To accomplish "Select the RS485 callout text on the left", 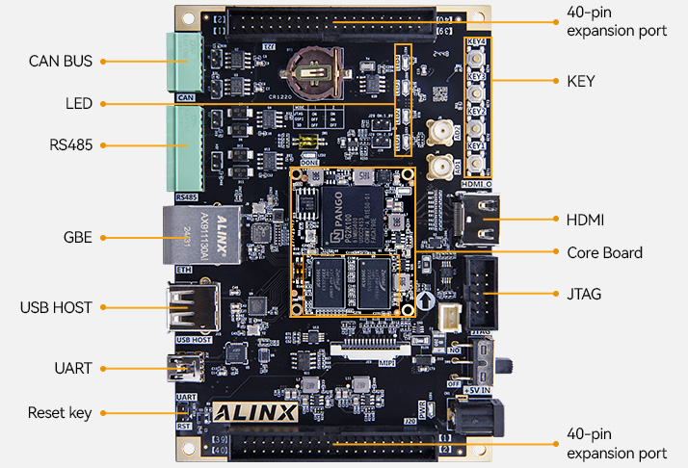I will tap(70, 145).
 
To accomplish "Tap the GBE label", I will tap(77, 236).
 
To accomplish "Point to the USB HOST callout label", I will tap(56, 307).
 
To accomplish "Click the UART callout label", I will tap(73, 368).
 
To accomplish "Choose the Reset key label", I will tap(60, 413).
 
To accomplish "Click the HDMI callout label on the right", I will tap(586, 221).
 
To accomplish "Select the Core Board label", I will tap(605, 252).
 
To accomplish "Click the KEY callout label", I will tap(581, 81).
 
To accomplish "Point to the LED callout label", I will tap(78, 103).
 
